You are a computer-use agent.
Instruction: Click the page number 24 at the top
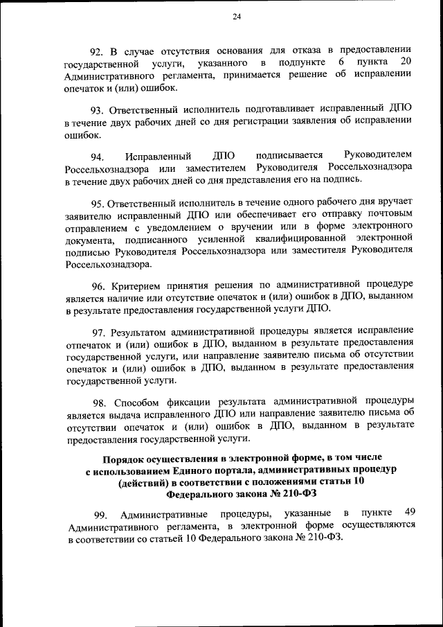pyautogui.click(x=237, y=17)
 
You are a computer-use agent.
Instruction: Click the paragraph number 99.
pyautogui.click(x=101, y=513)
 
